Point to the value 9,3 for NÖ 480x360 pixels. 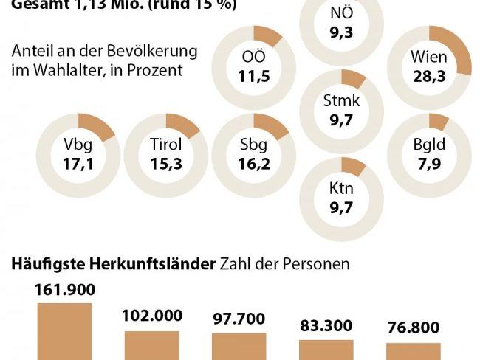[341, 32]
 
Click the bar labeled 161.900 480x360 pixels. [64, 331]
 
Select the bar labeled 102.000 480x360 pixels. [152, 345]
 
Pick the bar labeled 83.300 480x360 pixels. [326, 349]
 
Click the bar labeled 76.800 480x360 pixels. [413, 350]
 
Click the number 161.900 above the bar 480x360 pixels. [64, 288]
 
